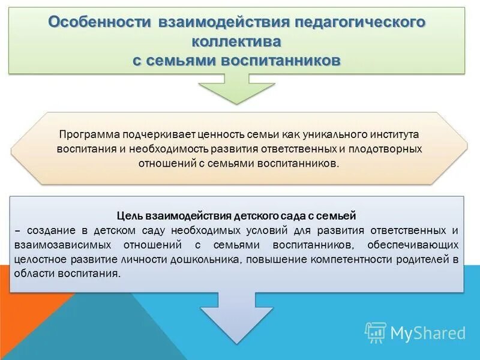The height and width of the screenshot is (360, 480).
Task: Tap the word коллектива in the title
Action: click(236, 42)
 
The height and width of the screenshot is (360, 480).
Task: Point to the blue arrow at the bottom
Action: click(236, 318)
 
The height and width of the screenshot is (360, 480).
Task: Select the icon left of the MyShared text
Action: click(376, 332)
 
